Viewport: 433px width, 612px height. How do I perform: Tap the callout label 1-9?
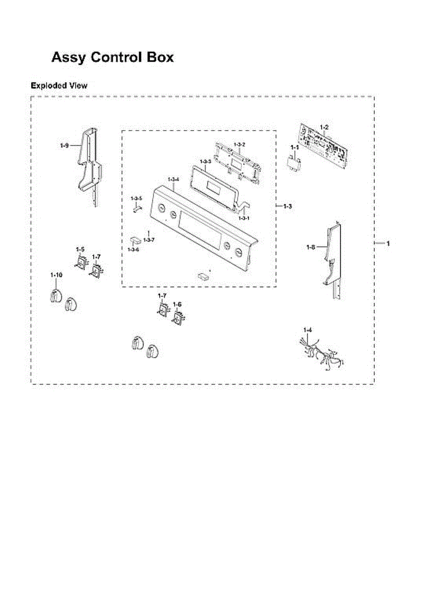coord(64,146)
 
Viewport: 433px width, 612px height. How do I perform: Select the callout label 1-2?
coord(324,127)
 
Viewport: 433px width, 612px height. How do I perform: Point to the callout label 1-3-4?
coord(173,179)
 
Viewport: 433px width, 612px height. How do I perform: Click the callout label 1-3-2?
coord(240,144)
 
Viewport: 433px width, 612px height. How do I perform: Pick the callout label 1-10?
coord(56,275)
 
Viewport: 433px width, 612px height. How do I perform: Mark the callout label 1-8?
coord(311,247)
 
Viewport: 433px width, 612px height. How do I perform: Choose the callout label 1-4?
coord(308,330)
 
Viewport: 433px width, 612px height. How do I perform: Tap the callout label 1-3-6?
coord(133,249)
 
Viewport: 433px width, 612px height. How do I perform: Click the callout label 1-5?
coord(80,249)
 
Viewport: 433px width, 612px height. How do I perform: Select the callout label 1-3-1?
coord(244,218)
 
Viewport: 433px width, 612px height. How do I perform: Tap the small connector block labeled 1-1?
coord(293,164)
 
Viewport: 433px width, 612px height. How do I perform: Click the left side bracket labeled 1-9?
coord(90,167)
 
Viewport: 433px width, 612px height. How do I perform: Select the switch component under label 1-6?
coord(179,318)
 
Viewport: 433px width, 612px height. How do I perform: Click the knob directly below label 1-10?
coord(56,296)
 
